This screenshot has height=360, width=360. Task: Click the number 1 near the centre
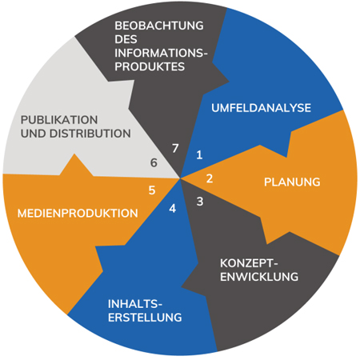[199, 155]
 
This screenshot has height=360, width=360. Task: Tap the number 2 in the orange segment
[210, 178]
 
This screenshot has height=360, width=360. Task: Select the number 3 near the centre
[200, 202]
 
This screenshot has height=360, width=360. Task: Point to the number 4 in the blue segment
[173, 209]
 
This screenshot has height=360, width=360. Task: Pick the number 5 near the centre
[152, 190]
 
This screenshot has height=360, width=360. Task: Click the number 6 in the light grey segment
[154, 162]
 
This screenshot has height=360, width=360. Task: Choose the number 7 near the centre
[175, 148]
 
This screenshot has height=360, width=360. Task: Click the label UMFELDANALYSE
[261, 108]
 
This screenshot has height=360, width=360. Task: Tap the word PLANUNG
[292, 182]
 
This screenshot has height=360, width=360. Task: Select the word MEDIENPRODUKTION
[78, 214]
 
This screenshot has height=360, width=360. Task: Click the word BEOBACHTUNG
[159, 26]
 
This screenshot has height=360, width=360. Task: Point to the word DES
[126, 39]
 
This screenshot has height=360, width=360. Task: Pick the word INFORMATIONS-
[161, 53]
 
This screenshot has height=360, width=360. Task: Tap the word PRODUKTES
[150, 66]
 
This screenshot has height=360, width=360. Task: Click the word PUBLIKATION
[59, 120]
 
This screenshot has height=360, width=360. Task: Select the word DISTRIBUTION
[90, 134]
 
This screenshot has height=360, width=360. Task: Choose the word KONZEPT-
[249, 263]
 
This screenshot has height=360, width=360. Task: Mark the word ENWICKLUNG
[259, 277]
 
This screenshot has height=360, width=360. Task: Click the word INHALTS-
[135, 304]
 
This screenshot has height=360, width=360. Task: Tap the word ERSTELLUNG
[145, 318]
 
